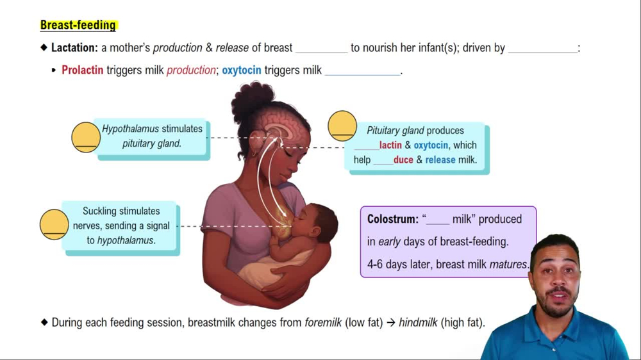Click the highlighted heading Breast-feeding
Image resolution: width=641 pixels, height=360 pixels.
pos(78,25)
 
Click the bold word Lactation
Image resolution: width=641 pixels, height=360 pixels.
pos(74,48)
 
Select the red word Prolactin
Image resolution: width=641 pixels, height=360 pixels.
pos(82,70)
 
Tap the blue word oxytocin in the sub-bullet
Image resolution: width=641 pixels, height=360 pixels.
pos(241,70)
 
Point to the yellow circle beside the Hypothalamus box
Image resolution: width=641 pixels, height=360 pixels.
pos(85,136)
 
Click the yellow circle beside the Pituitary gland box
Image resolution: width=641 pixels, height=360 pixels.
pos(342,126)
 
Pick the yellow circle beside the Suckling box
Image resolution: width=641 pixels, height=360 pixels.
pos(54,224)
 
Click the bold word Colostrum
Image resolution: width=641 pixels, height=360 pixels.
pos(392,219)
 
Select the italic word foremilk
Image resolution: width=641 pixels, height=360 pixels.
pos(323,323)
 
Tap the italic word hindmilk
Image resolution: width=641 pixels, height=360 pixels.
pos(418,323)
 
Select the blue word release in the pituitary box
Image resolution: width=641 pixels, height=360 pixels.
pos(441,160)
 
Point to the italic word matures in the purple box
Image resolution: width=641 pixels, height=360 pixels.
pos(508,264)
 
